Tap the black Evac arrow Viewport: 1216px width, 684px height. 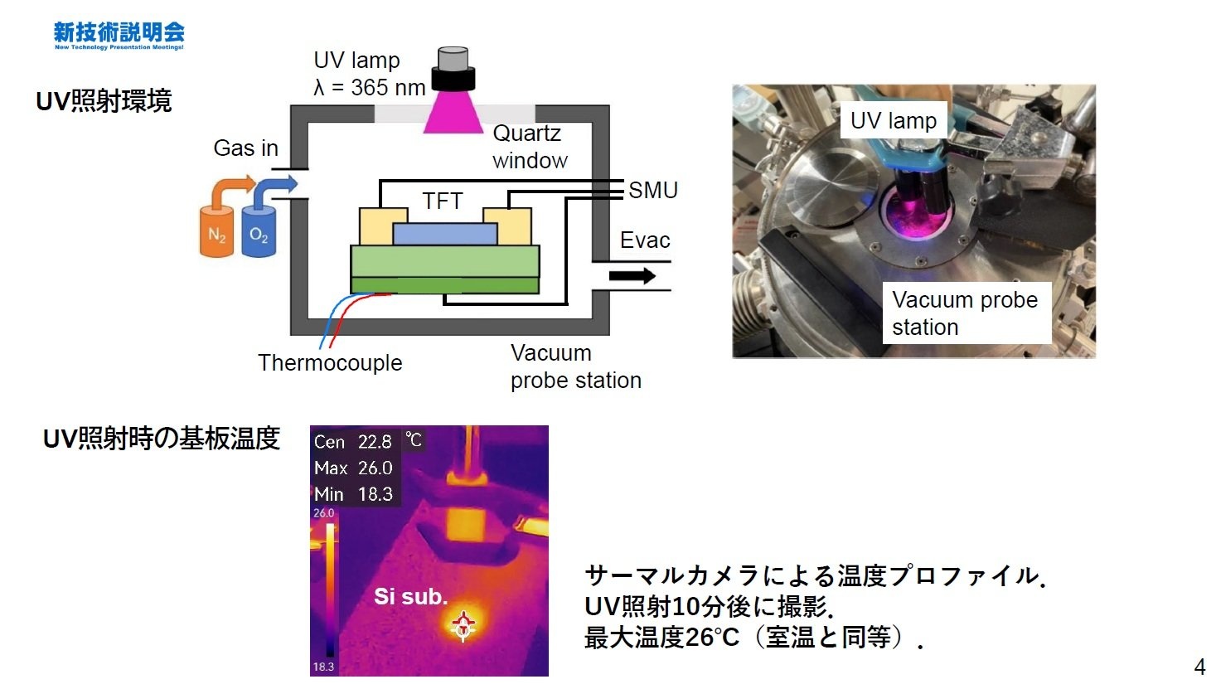click(632, 275)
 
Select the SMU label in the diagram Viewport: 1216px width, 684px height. click(653, 191)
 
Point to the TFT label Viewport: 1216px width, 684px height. click(442, 201)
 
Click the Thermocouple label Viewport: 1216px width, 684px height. click(330, 363)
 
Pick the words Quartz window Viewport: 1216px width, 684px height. click(529, 147)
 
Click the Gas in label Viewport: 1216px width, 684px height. click(245, 148)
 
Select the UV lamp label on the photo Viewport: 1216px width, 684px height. click(893, 121)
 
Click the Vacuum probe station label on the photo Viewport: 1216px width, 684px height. click(965, 313)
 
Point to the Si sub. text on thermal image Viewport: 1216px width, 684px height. click(410, 596)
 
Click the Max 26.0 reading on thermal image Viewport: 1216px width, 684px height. click(353, 468)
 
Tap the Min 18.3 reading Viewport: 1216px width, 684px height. click(353, 494)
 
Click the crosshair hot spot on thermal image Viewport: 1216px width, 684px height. click(463, 624)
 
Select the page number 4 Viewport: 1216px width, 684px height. click(1199, 667)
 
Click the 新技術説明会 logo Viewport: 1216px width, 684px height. click(119, 35)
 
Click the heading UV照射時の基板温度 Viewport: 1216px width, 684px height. click(162, 439)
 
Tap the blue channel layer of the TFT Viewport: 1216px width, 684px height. click(445, 234)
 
